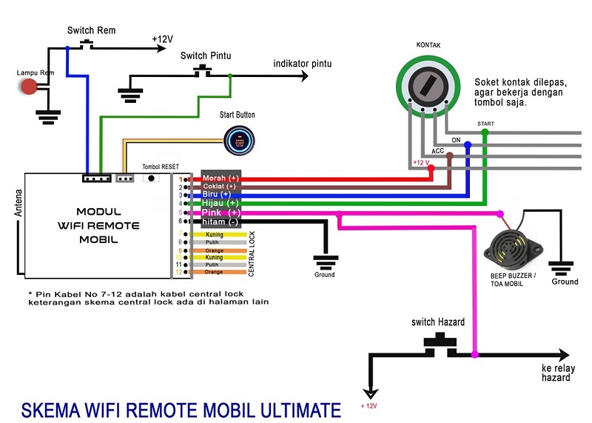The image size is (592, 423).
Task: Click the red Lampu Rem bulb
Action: pyautogui.click(x=30, y=86)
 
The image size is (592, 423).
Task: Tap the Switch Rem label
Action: pyautogui.click(x=91, y=30)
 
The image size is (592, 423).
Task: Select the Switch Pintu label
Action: pyautogui.click(x=204, y=56)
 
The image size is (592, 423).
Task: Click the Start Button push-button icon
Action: pyautogui.click(x=240, y=141)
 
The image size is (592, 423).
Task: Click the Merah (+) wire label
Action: pyautogui.click(x=221, y=179)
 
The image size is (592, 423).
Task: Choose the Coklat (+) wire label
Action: pyautogui.click(x=221, y=187)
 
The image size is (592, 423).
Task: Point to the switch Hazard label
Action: pyautogui.click(x=438, y=322)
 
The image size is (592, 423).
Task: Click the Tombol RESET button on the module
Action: pyautogui.click(x=152, y=179)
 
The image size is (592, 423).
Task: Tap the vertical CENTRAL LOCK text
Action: pyautogui.click(x=252, y=253)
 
